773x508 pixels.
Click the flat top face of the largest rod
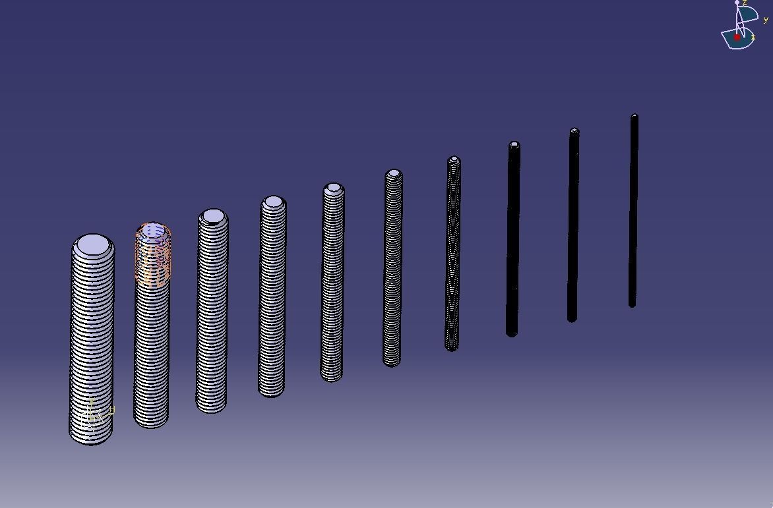click(92, 245)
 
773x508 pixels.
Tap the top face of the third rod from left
click(213, 216)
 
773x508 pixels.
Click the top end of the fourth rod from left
click(274, 202)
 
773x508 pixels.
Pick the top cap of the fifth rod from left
click(334, 188)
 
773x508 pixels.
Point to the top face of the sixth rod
click(394, 174)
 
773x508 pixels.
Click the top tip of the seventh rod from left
click(454, 159)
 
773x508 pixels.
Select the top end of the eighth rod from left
click(514, 145)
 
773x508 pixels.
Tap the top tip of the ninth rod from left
click(574, 131)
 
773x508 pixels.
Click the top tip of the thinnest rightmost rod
click(634, 117)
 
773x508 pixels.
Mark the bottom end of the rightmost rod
click(632, 304)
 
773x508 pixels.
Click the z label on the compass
click(745, 3)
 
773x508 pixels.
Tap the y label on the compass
click(766, 20)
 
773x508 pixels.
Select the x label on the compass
click(753, 38)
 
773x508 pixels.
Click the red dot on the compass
click(737, 38)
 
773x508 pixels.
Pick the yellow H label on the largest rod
click(112, 410)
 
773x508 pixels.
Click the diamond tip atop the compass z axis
click(737, 3)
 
